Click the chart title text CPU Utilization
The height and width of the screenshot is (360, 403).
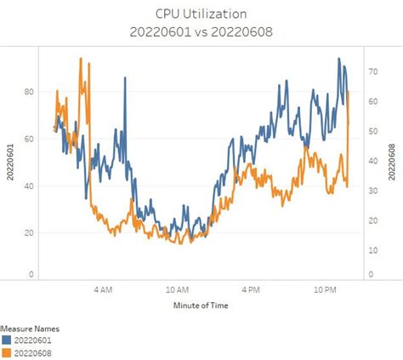(x=201, y=14)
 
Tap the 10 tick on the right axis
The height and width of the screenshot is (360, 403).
(x=372, y=250)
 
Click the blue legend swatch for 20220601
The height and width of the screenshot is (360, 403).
(x=6, y=340)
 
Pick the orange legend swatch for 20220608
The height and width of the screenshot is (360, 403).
(x=6, y=351)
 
